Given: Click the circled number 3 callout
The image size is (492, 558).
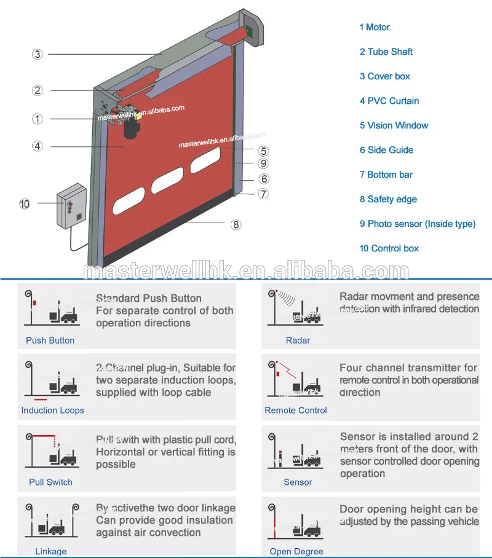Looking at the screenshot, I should click(x=38, y=54).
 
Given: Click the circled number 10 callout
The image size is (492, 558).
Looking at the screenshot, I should click(x=25, y=204).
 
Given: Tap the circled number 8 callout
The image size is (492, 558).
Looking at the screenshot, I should click(x=236, y=224).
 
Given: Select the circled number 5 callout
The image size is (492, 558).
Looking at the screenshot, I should click(x=263, y=151).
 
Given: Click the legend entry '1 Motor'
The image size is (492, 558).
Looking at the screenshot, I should click(x=375, y=27).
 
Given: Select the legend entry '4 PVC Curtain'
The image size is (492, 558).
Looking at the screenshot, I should click(x=389, y=101).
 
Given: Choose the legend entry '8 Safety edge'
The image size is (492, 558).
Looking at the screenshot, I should click(x=388, y=199).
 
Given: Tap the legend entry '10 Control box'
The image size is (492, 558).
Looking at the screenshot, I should click(x=389, y=248).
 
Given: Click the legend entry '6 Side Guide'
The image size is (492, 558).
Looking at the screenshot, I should click(x=386, y=150).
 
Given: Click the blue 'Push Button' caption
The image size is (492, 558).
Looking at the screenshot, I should click(x=50, y=340).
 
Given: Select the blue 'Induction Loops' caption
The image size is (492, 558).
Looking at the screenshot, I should click(x=52, y=411).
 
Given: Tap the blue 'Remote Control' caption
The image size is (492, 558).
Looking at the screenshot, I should click(x=296, y=411).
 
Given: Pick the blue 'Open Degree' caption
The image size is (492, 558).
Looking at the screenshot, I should click(x=296, y=551).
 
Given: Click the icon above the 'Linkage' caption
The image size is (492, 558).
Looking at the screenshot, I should click(x=52, y=522).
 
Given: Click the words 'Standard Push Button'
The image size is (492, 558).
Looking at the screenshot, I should click(x=148, y=299).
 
